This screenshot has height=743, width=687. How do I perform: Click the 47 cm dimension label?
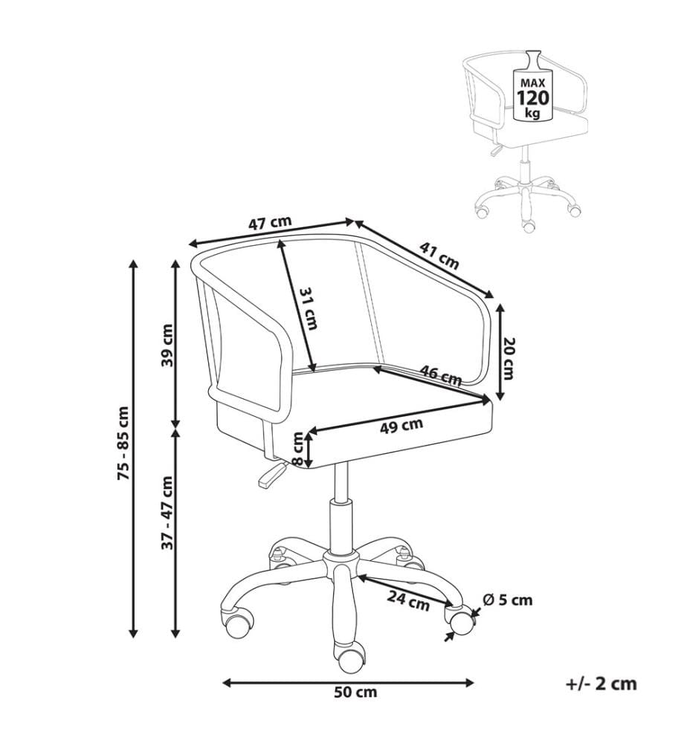270,223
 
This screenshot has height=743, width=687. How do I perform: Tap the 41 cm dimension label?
439,256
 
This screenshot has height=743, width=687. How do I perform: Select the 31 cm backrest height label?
309,308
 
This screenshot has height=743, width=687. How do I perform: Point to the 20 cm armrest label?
508,358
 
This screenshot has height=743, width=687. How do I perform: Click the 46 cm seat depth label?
441,374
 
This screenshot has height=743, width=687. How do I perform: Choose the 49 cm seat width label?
401,426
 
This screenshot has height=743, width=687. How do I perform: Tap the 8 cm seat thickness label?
297,449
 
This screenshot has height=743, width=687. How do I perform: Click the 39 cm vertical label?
167,345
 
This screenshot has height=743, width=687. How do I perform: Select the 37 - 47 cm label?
167,513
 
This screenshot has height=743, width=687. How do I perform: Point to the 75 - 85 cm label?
123,443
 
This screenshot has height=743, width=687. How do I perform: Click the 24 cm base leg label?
408,601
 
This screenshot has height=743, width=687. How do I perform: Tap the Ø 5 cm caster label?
508,600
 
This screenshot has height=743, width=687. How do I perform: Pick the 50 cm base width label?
355,692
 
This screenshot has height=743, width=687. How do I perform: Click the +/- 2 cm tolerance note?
601,684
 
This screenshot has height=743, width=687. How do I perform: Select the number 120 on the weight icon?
533,98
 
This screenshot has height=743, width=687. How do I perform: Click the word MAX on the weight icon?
533,83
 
